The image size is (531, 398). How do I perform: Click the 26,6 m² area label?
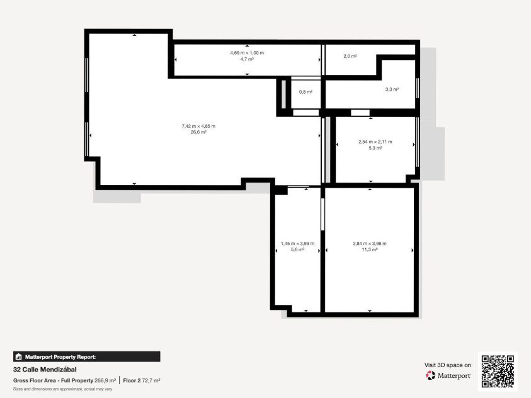[x=198, y=132]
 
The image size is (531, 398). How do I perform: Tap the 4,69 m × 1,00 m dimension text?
[x=247, y=53]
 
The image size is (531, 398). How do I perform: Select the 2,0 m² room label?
[x=350, y=56]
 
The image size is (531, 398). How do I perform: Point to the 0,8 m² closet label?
[x=305, y=92]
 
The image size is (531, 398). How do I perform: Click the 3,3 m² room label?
[x=392, y=89]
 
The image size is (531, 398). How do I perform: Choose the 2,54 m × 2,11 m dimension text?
[x=375, y=142]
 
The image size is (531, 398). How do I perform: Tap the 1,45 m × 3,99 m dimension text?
[x=298, y=244]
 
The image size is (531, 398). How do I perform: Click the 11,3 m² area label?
[x=370, y=250]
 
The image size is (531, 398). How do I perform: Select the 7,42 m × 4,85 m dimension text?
[x=198, y=126]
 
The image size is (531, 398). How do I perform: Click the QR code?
[x=498, y=372]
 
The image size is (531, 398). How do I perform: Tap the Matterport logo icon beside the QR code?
[x=430, y=375]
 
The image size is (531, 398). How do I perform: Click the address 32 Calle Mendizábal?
[x=45, y=370]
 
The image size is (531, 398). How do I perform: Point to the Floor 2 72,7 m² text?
[x=142, y=381]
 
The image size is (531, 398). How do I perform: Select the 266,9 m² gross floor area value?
[x=105, y=381]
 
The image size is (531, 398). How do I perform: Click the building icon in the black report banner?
[x=19, y=356]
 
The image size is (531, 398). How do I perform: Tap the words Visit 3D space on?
[x=448, y=365]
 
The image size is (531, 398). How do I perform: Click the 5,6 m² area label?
[x=298, y=250]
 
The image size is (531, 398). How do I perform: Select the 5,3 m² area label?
[x=375, y=148]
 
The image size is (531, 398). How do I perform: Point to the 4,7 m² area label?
[x=247, y=59]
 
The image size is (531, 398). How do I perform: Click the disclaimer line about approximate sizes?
[x=62, y=389]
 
